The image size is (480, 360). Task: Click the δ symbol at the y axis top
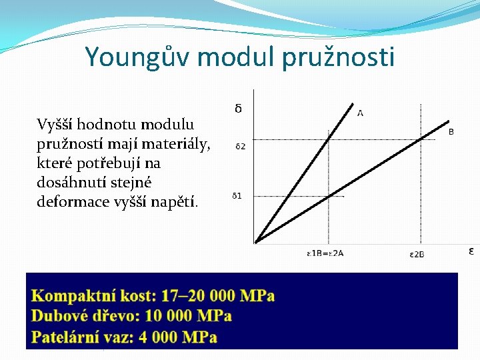238,108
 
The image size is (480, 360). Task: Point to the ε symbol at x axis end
471,251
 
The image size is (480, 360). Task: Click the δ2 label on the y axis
240,145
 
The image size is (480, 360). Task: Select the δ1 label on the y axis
237,196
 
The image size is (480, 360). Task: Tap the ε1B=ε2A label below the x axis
325,254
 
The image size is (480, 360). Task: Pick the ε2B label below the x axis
417,254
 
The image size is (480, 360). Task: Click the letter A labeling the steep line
361,113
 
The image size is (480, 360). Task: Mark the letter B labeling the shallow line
451,132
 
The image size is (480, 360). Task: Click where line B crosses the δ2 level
420,139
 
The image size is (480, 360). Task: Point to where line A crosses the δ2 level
329,139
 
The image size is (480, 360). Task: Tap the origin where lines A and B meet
256,241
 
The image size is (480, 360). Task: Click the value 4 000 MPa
178,337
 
